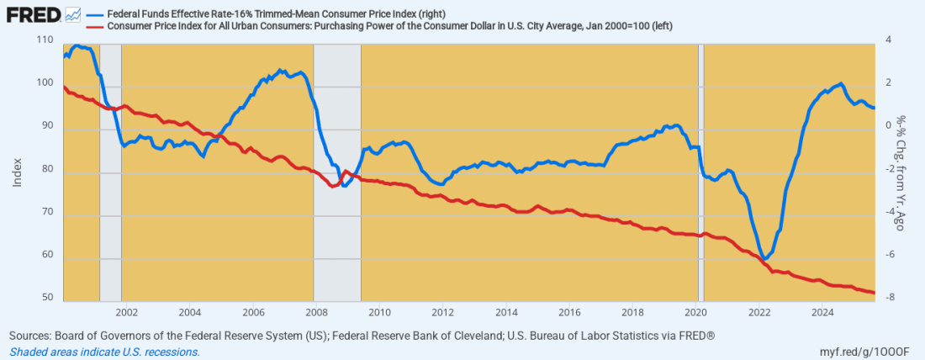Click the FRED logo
(x=33, y=14)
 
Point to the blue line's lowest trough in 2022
(x=764, y=258)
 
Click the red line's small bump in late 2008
(x=346, y=172)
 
